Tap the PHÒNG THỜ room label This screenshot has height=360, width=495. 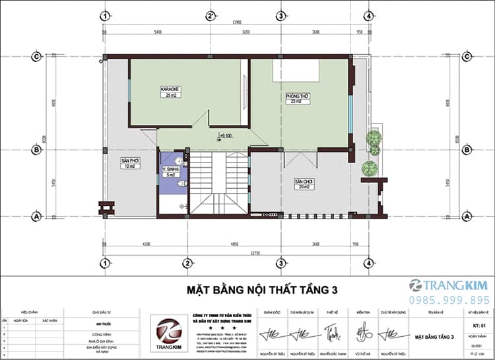pyautogui.click(x=298, y=96)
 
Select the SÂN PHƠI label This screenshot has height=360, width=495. pyautogui.click(x=129, y=161)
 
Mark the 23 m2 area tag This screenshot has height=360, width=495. pyautogui.click(x=298, y=102)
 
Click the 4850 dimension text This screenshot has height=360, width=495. pyautogui.click(x=234, y=246)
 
